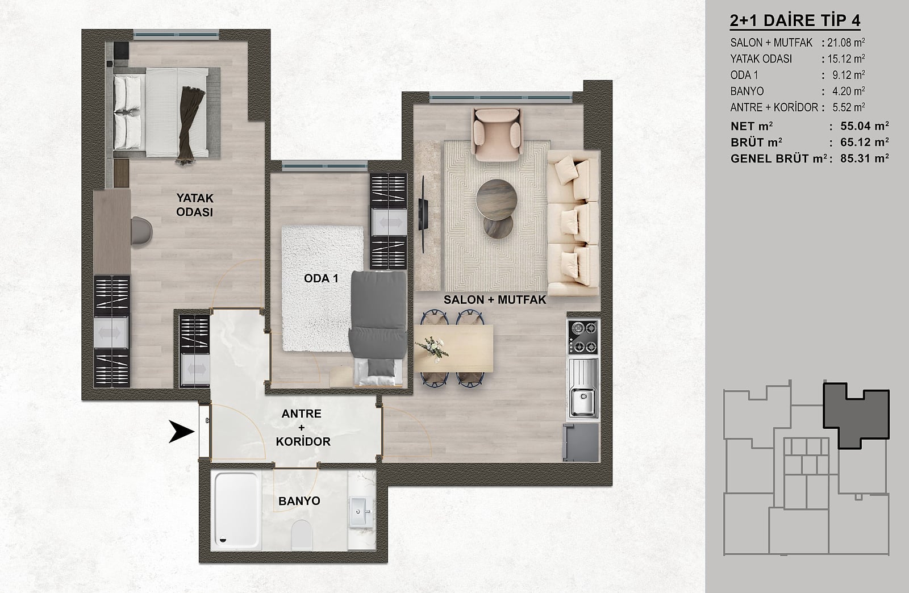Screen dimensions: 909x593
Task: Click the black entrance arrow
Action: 182,431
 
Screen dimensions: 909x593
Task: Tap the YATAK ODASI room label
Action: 195,205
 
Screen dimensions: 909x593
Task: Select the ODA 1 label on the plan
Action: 321,279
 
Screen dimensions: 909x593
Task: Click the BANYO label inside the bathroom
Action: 299,501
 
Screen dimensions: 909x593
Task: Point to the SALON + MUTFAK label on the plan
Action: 495,300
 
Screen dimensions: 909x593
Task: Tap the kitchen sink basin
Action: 582,402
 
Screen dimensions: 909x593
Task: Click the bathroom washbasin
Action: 360,512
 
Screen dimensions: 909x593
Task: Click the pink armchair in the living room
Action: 497,134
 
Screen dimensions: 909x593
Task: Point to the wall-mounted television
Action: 423,215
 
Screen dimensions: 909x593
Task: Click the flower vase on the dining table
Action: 432,349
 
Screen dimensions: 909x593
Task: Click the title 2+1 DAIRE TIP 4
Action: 795,20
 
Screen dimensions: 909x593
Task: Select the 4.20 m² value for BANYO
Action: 848,91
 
